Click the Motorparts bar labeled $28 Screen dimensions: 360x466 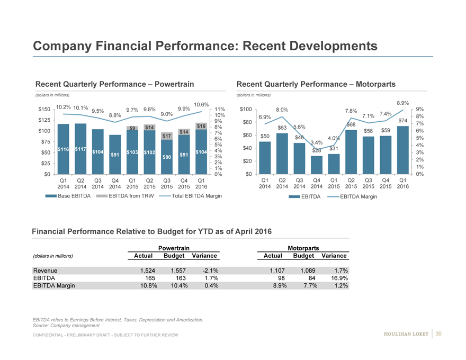317,165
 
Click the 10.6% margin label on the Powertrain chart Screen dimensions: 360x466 202,104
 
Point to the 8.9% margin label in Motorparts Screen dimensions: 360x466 403,103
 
